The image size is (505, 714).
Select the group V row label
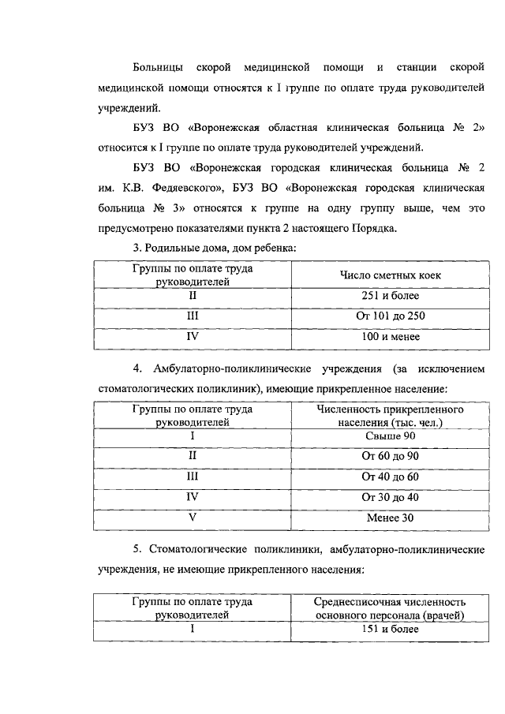pos(192,518)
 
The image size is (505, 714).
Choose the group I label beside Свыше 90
pos(192,436)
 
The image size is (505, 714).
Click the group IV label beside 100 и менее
pos(192,337)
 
